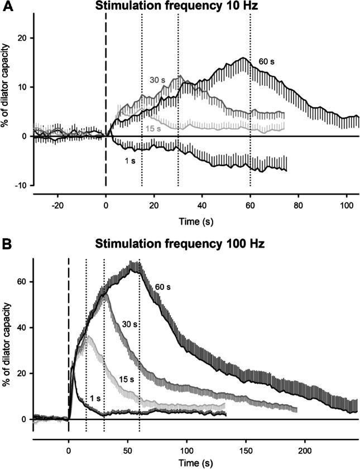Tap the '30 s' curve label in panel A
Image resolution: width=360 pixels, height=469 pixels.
(x=157, y=79)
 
